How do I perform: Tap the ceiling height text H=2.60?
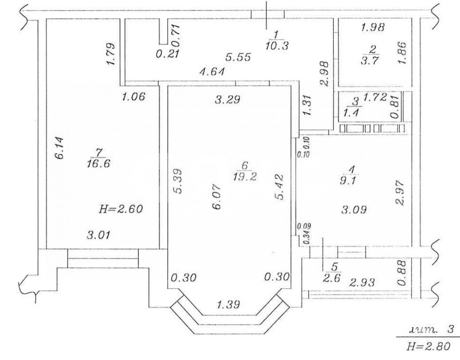point(121,209)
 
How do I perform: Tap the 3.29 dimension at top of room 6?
point(227,100)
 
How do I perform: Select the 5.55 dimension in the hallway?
point(238,57)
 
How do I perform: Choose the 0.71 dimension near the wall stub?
point(176,35)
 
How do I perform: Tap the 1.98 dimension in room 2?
point(373,27)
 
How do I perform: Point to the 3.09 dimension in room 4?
point(353,211)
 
